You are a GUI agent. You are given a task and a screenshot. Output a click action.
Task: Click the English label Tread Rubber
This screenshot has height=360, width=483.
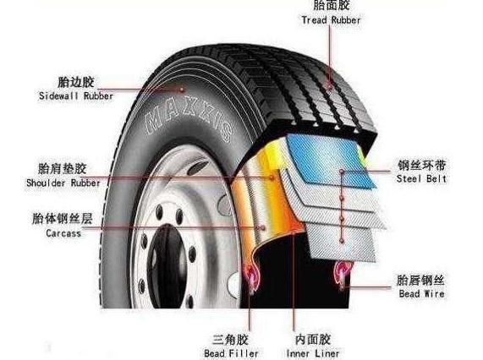coord(331,20)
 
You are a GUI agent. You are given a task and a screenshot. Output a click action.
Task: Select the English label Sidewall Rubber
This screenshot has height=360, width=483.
coord(76,96)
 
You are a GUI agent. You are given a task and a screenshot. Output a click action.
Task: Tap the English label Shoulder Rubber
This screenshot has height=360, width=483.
coord(63,183)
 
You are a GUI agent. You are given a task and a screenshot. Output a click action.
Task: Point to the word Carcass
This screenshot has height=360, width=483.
coord(63,233)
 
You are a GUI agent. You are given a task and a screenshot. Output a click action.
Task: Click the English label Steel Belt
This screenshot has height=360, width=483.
coord(421,178)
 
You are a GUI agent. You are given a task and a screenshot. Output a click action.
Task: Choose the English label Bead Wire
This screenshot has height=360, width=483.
coord(421,293)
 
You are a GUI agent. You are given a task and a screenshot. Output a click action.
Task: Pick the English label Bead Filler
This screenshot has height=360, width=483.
coord(231,353)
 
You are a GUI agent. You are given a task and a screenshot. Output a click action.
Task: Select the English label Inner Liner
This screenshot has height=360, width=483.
coord(313,353)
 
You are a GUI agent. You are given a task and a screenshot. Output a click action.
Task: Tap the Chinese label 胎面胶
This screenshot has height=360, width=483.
coord(332,5)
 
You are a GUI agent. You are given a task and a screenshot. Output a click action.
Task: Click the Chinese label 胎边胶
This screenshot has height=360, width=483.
coord(76,82)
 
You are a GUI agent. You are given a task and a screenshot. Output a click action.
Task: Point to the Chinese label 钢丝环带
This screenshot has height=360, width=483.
coord(421,166)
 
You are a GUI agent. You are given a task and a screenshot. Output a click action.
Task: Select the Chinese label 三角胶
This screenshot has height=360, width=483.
coord(230,340)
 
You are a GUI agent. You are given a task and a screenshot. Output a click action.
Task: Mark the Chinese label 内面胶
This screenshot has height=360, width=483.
coord(313,340)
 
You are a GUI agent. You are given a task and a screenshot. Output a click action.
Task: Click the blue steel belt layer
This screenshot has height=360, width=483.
coord(331,160)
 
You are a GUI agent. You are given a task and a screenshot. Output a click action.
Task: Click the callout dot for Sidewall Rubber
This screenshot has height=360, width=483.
coord(182,90)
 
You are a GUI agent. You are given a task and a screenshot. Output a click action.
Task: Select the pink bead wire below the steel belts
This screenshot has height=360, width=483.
coord(343,275)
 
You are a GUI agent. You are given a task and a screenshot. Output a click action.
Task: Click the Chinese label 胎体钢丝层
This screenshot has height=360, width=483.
coord(63,219)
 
